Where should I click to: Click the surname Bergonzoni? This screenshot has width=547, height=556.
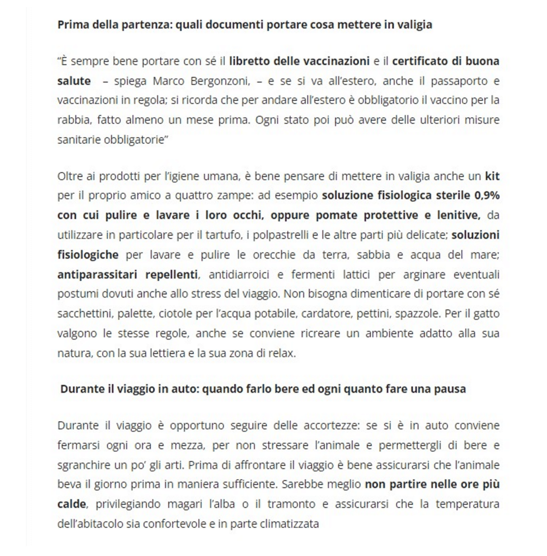[x=220, y=81]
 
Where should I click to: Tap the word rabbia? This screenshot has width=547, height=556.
[x=74, y=120]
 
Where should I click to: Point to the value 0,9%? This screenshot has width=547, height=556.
[x=487, y=196]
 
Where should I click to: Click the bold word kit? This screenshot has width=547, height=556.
[x=492, y=176]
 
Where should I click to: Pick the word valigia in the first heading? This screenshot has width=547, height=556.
[x=414, y=25]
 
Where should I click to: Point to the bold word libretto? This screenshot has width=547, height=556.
[x=249, y=61]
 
